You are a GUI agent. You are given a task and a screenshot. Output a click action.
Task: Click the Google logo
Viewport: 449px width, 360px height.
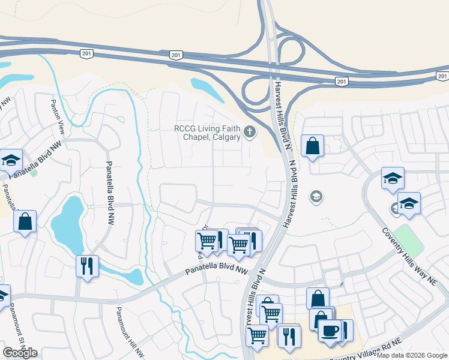click(x=20, y=353)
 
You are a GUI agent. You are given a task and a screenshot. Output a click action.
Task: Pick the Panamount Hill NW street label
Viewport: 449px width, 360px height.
click(x=127, y=330)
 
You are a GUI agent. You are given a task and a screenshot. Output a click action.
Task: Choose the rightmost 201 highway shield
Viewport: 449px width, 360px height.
click(x=442, y=76)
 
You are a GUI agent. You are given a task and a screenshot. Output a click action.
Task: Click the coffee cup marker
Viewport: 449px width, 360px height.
click(x=329, y=331)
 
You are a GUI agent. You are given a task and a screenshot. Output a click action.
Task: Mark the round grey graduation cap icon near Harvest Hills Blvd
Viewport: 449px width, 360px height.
click(x=316, y=197)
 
